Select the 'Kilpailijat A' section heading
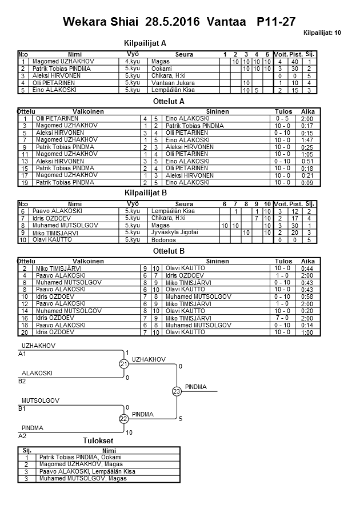click(145, 43)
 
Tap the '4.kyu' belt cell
click(132, 61)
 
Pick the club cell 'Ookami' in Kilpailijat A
click(159, 69)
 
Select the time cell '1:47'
click(307, 140)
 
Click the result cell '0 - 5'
click(282, 119)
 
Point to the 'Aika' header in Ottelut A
click(307, 112)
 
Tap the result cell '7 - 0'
click(282, 318)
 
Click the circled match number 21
click(123, 364)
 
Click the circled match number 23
click(176, 391)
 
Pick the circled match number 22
click(123, 419)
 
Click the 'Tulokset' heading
click(98, 441)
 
